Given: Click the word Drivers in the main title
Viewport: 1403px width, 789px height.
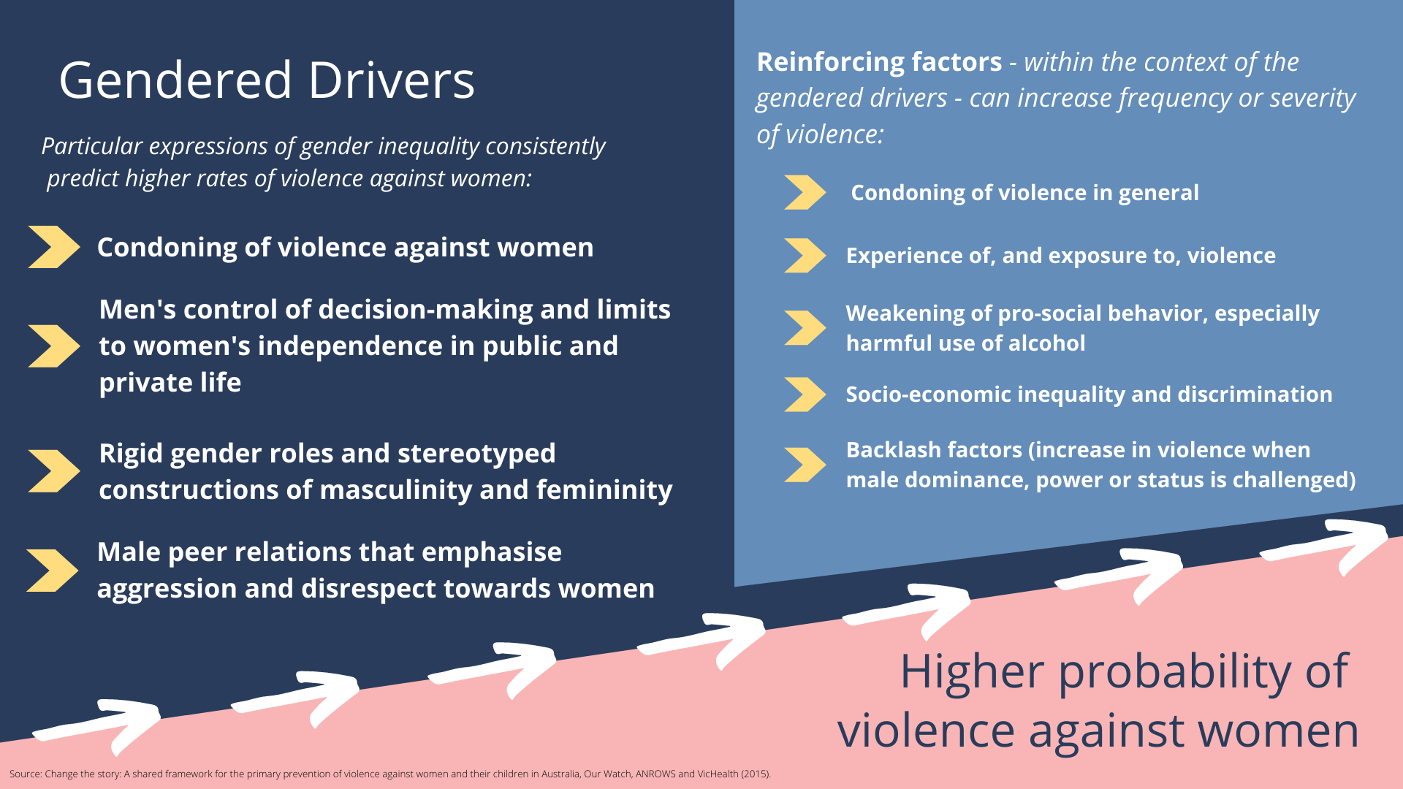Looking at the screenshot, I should [x=391, y=80].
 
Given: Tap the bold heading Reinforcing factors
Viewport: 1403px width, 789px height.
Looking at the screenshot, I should [x=879, y=62].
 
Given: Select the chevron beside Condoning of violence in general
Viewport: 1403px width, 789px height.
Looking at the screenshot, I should [x=805, y=192].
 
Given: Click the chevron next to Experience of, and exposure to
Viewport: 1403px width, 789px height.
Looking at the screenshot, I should [x=805, y=256].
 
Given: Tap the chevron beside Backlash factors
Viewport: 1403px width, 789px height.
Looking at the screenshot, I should [x=805, y=465].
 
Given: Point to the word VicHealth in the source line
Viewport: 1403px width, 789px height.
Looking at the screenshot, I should [x=718, y=774].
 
